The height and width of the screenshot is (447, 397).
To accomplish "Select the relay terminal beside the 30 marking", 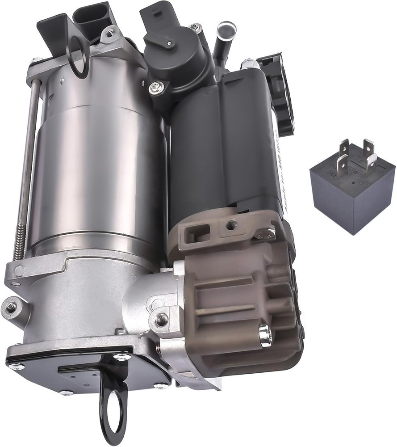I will point(341,165).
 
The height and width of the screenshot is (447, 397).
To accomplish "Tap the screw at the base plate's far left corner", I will point(16,367).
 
